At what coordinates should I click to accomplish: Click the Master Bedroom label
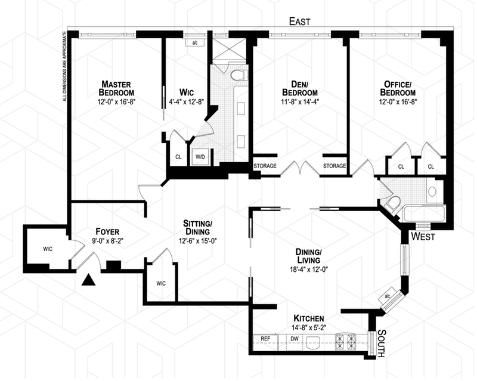tap(116, 88)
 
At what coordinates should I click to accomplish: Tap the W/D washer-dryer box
tap(199, 157)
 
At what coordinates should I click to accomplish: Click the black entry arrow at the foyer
tap(89, 278)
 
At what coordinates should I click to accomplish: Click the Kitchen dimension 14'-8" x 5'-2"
tap(308, 329)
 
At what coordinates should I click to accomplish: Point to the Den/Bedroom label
tap(299, 88)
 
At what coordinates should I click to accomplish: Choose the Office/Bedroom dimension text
tap(398, 101)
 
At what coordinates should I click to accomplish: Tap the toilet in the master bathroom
tap(238, 76)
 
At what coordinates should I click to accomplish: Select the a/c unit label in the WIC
tap(194, 43)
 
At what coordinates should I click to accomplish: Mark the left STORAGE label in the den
tap(265, 166)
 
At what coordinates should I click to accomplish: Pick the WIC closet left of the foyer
tap(47, 249)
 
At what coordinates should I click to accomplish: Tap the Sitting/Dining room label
tap(198, 228)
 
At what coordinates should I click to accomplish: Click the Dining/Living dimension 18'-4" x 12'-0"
tap(308, 269)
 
